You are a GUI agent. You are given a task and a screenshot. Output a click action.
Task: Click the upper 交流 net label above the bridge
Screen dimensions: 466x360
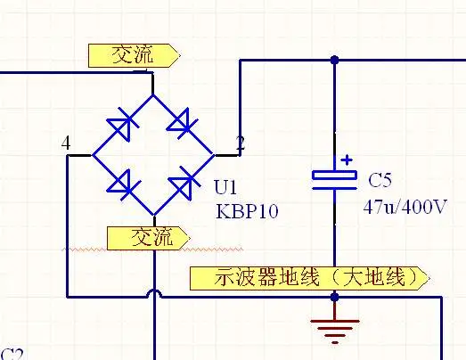point(135,55)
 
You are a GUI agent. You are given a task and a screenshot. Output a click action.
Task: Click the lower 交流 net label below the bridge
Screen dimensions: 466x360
point(149,238)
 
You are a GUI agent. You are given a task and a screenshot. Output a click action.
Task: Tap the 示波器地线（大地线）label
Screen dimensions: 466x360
point(310,278)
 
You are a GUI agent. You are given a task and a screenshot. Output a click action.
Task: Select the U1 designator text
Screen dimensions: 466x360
point(225,187)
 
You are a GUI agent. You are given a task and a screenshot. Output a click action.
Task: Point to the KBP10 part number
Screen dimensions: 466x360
point(247,211)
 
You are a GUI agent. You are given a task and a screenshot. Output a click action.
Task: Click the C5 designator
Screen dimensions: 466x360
point(380,180)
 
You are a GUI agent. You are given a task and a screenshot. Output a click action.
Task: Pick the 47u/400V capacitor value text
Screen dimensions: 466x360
point(405,207)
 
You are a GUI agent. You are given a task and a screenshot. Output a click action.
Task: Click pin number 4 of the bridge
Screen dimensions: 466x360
point(66,143)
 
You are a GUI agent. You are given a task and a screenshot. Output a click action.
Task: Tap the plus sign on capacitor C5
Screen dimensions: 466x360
point(347,160)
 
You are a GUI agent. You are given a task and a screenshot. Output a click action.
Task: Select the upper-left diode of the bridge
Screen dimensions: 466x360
point(122,125)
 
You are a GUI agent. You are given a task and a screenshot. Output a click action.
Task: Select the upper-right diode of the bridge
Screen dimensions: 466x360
point(182,124)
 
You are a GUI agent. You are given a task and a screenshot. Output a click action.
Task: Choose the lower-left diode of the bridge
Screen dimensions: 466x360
point(123,185)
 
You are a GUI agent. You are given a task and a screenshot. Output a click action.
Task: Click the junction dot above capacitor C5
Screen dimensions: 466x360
point(335,60)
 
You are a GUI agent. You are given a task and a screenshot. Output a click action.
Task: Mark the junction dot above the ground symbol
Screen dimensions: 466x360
point(335,297)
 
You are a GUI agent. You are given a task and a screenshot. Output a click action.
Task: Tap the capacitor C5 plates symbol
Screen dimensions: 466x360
point(335,180)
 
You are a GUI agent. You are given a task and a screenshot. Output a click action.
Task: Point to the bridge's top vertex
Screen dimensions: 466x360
point(153,94)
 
